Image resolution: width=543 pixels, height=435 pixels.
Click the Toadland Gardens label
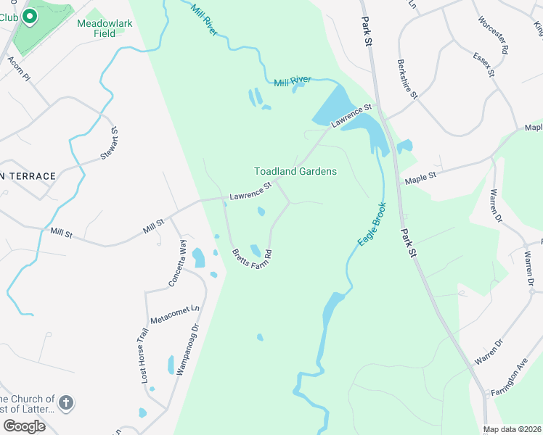coord(295,171)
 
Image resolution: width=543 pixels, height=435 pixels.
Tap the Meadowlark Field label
coord(105,28)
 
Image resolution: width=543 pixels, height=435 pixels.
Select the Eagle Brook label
coord(371,225)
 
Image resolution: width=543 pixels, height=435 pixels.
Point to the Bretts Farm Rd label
coord(251,257)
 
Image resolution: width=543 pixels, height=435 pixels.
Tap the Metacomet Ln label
coord(173,315)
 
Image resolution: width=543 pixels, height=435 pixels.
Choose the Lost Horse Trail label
coord(144,355)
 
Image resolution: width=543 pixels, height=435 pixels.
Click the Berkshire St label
coord(407,79)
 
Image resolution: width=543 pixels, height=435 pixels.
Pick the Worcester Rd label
coord(501,36)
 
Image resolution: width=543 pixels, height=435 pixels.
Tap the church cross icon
coord(65,403)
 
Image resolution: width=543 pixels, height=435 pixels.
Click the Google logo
coord(24,426)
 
